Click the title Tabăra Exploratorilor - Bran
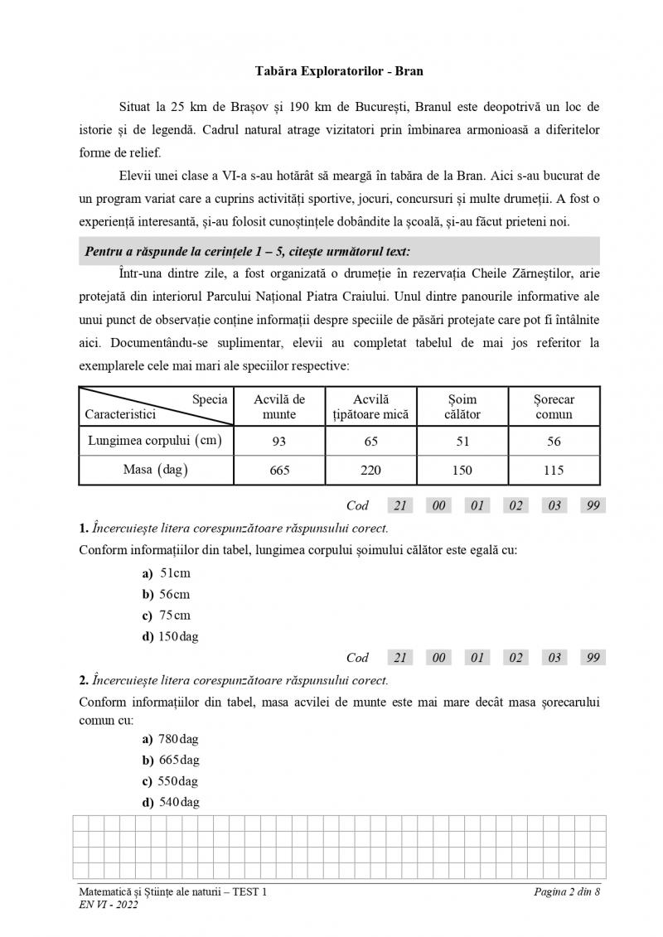click(x=339, y=70)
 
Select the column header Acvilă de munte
click(x=279, y=406)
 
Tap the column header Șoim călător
click(x=462, y=406)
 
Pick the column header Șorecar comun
click(x=554, y=406)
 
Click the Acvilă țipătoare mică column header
click(x=370, y=406)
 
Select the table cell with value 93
click(x=279, y=442)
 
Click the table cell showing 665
click(x=279, y=471)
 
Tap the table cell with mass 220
click(x=370, y=471)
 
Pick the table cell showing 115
click(x=554, y=471)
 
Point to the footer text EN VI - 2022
click(x=104, y=905)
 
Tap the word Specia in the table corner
click(x=210, y=398)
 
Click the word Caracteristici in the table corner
click(x=120, y=414)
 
